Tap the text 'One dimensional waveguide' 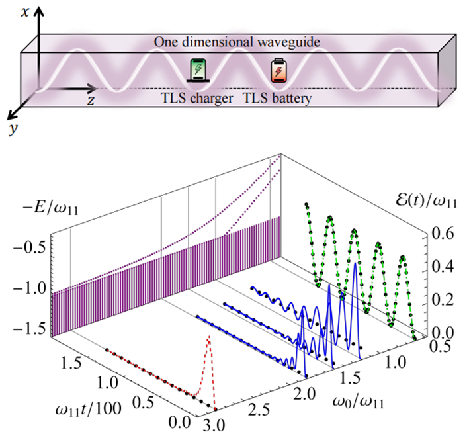(230, 41)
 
